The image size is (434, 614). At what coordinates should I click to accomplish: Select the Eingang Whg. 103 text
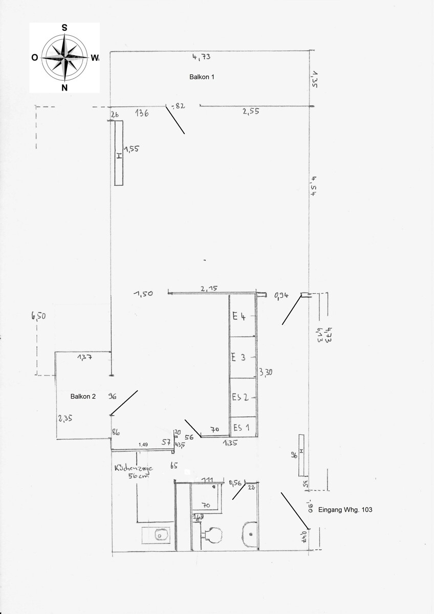point(345,510)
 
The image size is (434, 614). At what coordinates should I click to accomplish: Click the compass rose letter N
point(64,88)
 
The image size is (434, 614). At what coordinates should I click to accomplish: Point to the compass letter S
point(64,28)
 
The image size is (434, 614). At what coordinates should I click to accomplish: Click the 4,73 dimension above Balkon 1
point(201,57)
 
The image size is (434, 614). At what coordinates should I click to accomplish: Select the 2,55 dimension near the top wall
point(251,111)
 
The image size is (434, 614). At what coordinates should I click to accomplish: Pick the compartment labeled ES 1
point(241,427)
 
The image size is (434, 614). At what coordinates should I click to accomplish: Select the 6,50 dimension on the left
point(39,316)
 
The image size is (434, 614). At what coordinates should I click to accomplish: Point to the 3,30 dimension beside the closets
point(265,372)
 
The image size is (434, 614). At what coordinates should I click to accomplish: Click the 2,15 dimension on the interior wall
point(209,289)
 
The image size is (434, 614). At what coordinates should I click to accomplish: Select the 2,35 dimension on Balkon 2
point(65,418)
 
